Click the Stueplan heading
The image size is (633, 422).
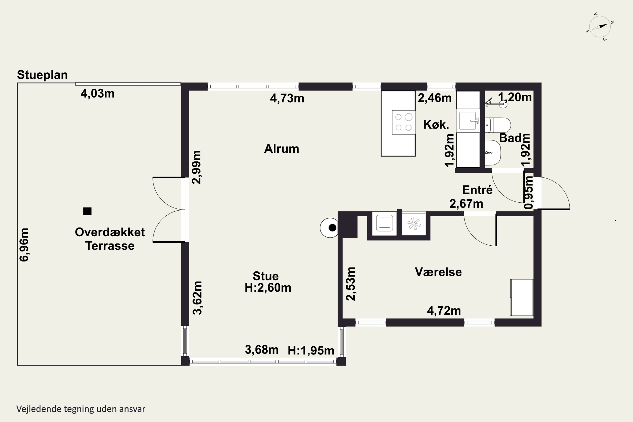point(42,75)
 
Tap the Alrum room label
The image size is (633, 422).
point(281,149)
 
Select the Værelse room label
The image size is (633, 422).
point(438,272)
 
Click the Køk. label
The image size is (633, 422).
point(436,125)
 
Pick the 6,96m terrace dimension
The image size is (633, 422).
point(24,245)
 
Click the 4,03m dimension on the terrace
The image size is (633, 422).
point(98,94)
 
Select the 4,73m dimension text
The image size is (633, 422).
point(287,99)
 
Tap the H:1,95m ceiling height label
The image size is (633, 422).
point(311,350)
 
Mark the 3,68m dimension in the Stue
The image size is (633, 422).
point(262,350)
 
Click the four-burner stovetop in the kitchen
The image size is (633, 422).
point(404,122)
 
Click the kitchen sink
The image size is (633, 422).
point(468,120)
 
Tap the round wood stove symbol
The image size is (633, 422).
point(329,228)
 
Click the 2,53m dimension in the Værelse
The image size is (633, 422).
point(351,284)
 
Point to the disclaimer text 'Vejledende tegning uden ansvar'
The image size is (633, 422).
point(81,409)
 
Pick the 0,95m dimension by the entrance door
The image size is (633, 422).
point(529,192)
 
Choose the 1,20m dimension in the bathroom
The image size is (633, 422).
point(515,97)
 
